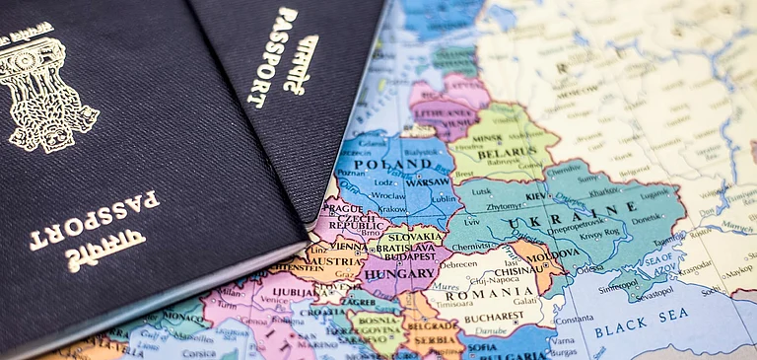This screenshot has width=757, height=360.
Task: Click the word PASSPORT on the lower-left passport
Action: pos(94,218)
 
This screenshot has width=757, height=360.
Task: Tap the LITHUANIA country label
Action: pos(440,113)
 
